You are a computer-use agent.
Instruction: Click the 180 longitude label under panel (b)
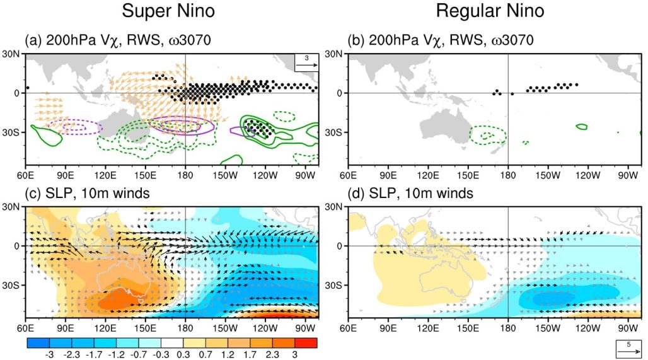coord(507,175)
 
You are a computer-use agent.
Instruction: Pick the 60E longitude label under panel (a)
coord(26,175)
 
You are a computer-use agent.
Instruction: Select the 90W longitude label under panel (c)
coord(305,328)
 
